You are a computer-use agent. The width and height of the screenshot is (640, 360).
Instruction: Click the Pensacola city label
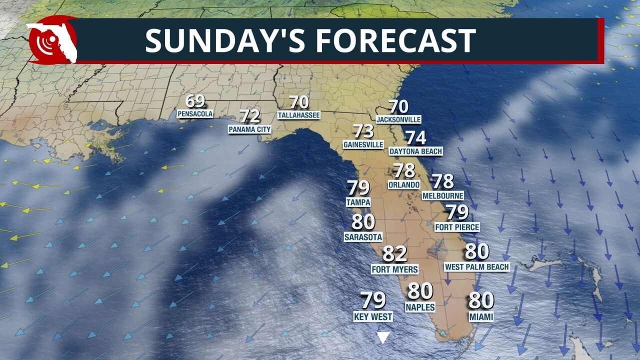click(195, 114)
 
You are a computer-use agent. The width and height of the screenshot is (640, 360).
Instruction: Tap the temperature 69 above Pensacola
click(195, 101)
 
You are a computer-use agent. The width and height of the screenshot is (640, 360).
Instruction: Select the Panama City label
click(249, 129)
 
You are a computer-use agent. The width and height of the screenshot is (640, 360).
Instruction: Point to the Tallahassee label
click(299, 115)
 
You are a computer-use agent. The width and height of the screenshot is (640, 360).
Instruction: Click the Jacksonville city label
click(398, 119)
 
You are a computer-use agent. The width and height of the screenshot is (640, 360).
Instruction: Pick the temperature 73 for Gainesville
click(363, 131)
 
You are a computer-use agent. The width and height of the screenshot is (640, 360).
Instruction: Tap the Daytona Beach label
click(415, 151)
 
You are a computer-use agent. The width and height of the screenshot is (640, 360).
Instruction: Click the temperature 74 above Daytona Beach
click(415, 137)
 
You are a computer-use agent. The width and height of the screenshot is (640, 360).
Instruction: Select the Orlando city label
click(404, 184)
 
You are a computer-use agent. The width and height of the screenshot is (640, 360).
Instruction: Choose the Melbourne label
click(442, 195)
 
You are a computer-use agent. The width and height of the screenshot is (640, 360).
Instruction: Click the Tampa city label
click(358, 202)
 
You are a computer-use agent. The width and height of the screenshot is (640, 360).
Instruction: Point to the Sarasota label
click(363, 237)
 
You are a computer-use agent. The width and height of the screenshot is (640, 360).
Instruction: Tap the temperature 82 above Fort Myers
click(394, 254)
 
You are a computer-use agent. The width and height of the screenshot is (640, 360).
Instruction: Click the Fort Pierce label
click(457, 227)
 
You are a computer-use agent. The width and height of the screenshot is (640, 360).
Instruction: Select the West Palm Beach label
click(476, 267)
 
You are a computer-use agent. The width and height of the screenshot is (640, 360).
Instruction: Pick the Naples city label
click(420, 307)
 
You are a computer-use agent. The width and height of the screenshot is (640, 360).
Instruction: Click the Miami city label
click(481, 316)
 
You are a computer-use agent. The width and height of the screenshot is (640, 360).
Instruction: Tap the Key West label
click(373, 316)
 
